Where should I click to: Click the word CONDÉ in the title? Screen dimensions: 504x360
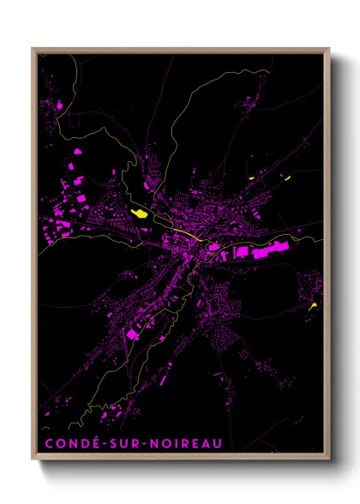(68, 443)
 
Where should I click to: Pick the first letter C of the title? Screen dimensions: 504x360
(46, 443)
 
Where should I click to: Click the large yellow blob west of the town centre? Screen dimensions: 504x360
(138, 214)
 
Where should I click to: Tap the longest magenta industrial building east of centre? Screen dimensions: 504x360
(284, 250)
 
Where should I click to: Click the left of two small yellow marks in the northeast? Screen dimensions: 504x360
(253, 177)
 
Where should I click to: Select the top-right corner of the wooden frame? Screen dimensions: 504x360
(328, 49)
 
